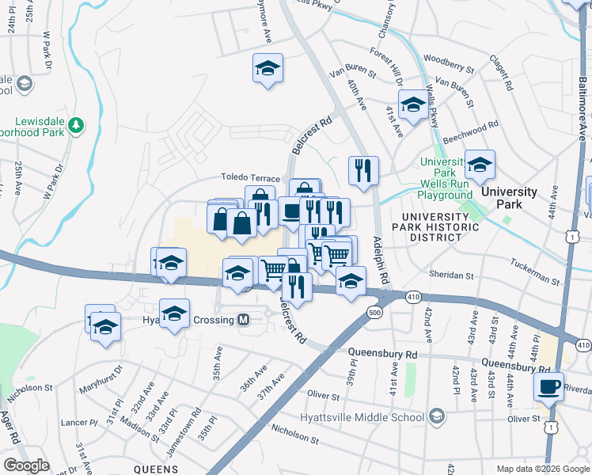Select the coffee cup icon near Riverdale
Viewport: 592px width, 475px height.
tap(548, 388)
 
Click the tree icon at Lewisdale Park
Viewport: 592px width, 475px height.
tap(76, 125)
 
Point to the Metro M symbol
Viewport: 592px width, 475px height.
tap(245, 320)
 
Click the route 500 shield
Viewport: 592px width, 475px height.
tap(374, 313)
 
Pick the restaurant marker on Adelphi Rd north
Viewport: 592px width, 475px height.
tap(363, 169)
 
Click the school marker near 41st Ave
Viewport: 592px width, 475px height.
tap(412, 104)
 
